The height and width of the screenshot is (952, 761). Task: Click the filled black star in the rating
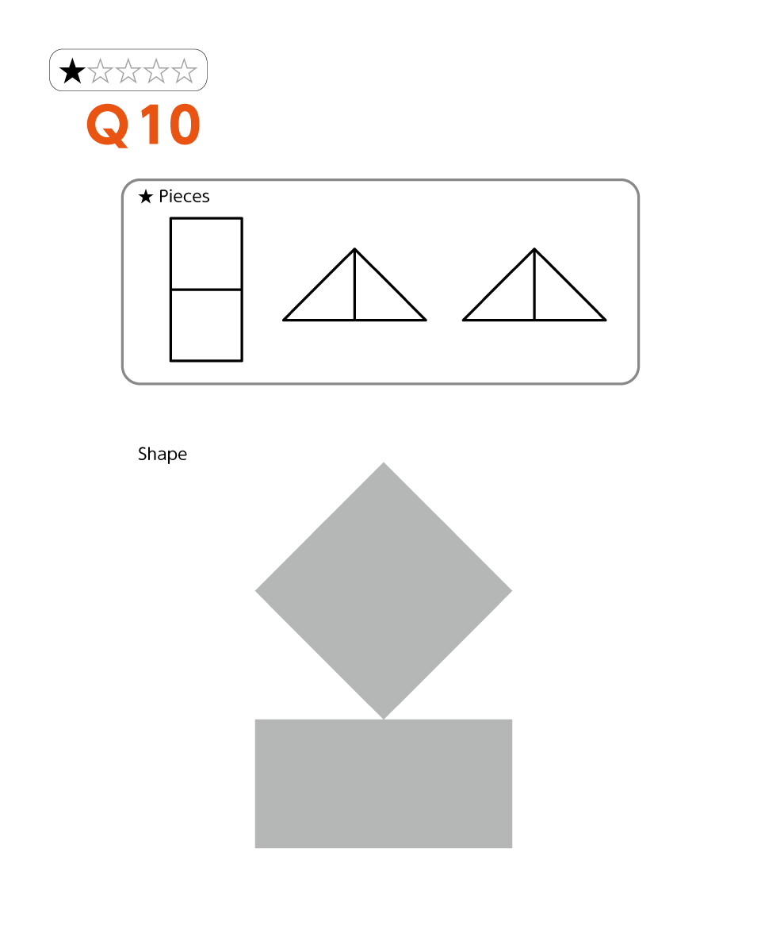71,71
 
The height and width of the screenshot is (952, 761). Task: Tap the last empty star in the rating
183,71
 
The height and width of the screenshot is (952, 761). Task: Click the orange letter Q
108,125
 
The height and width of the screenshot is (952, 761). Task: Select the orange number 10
170,125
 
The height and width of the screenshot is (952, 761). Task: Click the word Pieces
183,196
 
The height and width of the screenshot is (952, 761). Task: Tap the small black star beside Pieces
146,197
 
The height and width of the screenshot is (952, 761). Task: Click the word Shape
162,455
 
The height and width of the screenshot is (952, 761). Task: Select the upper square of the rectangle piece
206,254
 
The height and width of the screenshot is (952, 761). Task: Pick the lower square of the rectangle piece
206,325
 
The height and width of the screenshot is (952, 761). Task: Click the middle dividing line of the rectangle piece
206,290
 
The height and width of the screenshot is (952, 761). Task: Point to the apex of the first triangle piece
354,248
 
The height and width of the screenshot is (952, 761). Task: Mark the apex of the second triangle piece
534,248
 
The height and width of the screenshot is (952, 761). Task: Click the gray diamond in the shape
384,590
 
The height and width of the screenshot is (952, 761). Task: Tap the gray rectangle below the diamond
384,784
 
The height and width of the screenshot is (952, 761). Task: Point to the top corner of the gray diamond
384,463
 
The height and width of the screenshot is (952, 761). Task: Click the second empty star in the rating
128,71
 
